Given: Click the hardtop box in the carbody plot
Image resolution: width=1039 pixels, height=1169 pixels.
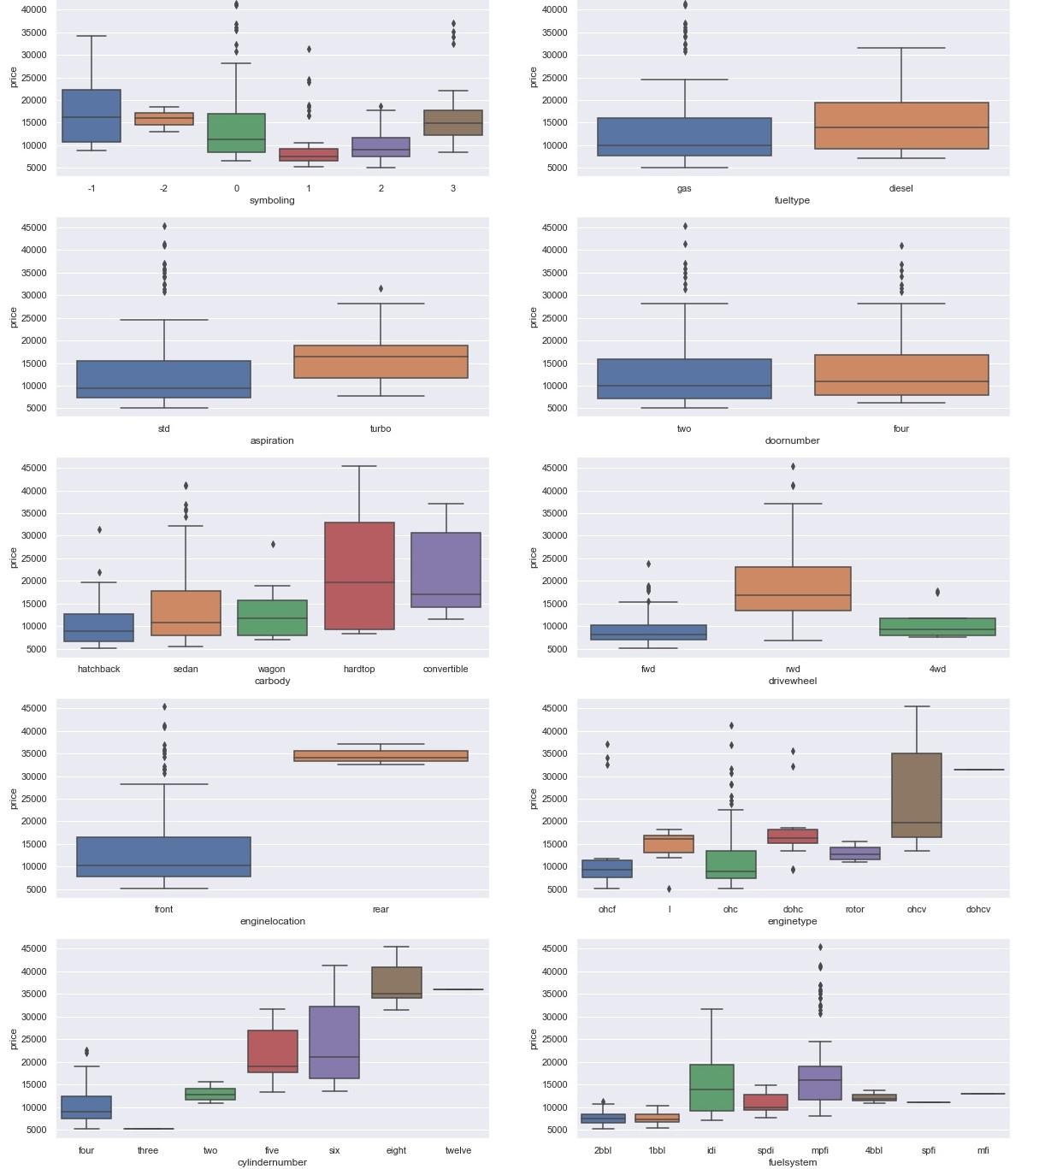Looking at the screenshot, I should pos(359,576).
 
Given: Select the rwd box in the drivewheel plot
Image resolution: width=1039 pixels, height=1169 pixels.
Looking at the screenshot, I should pos(793,588).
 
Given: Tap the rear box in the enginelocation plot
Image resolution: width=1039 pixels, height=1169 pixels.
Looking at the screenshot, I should pos(381,756).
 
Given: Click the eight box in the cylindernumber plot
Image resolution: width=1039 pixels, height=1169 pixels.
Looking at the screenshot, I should pos(397,983).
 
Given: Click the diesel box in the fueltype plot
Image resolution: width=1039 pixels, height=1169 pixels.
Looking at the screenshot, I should pos(901,126).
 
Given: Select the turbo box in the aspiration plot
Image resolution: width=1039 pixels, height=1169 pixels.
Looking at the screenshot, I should pos(381,362).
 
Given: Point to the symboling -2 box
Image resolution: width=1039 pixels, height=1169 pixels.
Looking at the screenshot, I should pos(164,119).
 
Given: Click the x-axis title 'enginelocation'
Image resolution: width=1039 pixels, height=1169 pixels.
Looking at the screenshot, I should pos(273,921).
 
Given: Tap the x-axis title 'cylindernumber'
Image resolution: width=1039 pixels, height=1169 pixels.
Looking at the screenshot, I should pos(272,1162).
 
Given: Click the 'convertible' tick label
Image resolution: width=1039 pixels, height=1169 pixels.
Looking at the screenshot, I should pos(446,669).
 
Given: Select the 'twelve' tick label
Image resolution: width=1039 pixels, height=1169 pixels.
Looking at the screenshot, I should pos(458,1150).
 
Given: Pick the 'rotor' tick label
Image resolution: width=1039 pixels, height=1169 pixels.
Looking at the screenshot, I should pos(855,909).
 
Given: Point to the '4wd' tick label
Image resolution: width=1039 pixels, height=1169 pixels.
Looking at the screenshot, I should pos(937,669).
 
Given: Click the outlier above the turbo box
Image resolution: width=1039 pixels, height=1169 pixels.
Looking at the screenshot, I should pos(381,289).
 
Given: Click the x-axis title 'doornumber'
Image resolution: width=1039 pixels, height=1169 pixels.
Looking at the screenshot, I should pos(792,440).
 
